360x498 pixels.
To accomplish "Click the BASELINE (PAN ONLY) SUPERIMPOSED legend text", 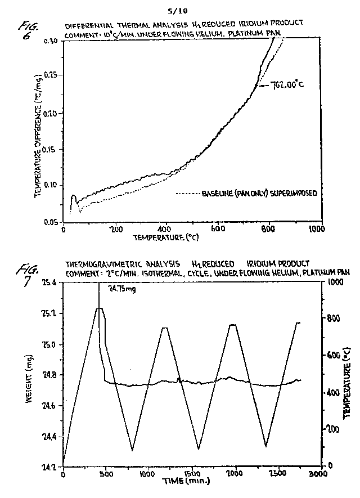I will coord(259,193).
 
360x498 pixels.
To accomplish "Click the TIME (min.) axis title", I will coord(186,482).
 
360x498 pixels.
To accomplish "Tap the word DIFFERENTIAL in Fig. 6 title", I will coord(89,26).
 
